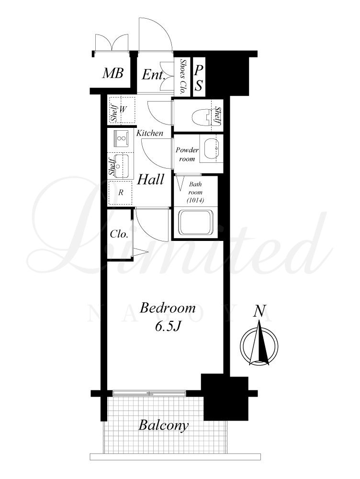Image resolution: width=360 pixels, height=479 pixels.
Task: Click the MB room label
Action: pos(112,73)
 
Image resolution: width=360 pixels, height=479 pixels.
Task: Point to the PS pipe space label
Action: pos(199,78)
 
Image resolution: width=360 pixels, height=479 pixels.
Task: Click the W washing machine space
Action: pos(123,109)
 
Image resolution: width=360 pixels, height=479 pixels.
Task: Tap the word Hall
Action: pos(150,179)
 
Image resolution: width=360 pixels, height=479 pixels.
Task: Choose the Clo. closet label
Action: pos(119,234)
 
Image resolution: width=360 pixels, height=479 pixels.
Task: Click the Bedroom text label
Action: pos(168,308)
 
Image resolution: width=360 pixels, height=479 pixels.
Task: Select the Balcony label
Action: pos(163,425)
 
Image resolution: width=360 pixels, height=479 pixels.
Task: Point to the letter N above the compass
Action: pos(260,310)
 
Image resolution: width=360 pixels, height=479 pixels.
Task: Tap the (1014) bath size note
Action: pos(195,200)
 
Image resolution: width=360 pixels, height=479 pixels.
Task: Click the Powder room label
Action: pos(187,154)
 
